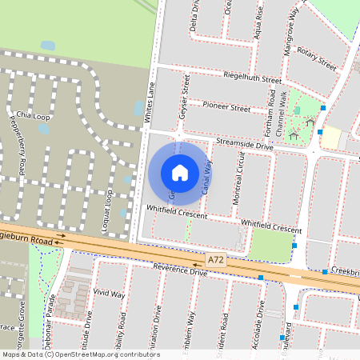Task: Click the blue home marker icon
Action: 180,172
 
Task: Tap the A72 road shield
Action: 215,261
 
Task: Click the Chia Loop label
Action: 33,115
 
